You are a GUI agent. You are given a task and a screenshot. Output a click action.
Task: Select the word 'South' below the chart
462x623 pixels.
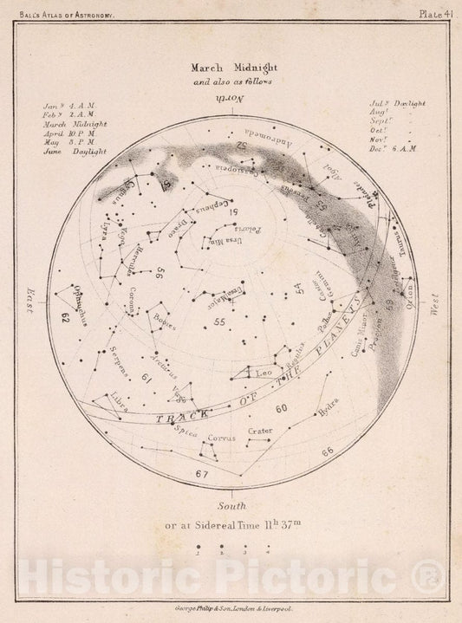point(231,503)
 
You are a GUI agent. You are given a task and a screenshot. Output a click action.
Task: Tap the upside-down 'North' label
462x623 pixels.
point(231,100)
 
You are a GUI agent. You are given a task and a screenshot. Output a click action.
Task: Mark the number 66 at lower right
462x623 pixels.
point(326,451)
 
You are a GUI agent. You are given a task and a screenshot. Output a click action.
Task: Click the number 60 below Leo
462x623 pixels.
point(281,407)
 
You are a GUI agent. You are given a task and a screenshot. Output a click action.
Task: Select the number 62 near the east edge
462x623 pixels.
point(64,317)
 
